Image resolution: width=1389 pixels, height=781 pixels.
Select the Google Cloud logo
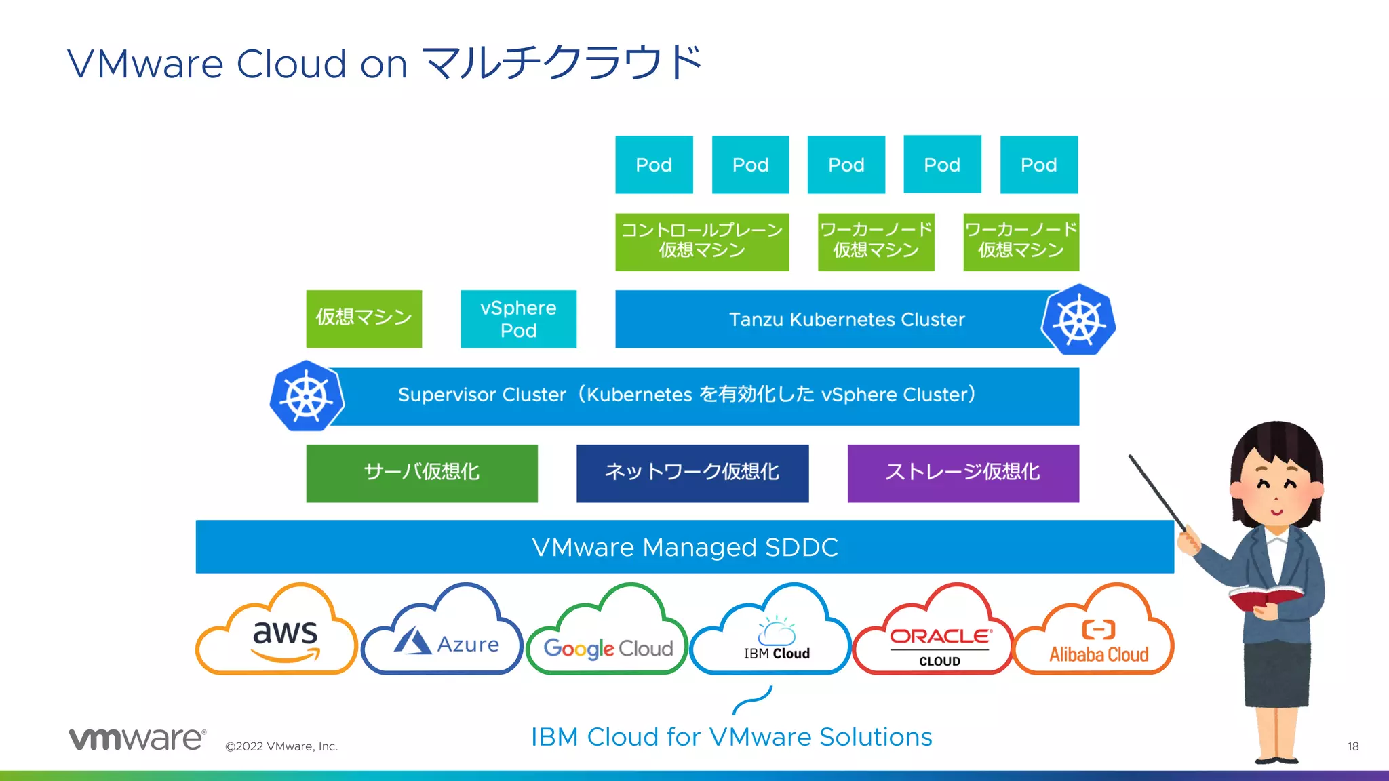point(608,648)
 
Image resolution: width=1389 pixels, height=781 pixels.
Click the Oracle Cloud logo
point(939,644)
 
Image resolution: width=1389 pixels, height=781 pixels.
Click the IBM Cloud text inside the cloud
point(777,653)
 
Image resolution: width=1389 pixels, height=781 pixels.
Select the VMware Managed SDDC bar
point(684,547)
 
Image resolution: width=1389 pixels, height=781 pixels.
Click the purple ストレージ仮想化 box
point(962,473)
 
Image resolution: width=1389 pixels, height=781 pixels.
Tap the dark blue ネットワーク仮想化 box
point(692,473)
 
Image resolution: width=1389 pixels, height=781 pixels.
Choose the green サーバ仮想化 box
point(421,473)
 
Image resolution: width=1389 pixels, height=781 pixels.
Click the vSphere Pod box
point(518,319)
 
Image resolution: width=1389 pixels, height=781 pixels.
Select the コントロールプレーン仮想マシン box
point(702,241)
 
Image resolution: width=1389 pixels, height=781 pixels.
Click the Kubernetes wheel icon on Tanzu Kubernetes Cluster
point(1078,320)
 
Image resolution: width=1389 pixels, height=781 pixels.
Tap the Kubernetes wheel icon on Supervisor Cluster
point(307,396)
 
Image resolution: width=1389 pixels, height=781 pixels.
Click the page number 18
point(1352,746)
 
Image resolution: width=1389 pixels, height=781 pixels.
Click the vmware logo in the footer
point(137,738)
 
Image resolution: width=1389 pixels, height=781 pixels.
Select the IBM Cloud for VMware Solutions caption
point(731,737)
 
